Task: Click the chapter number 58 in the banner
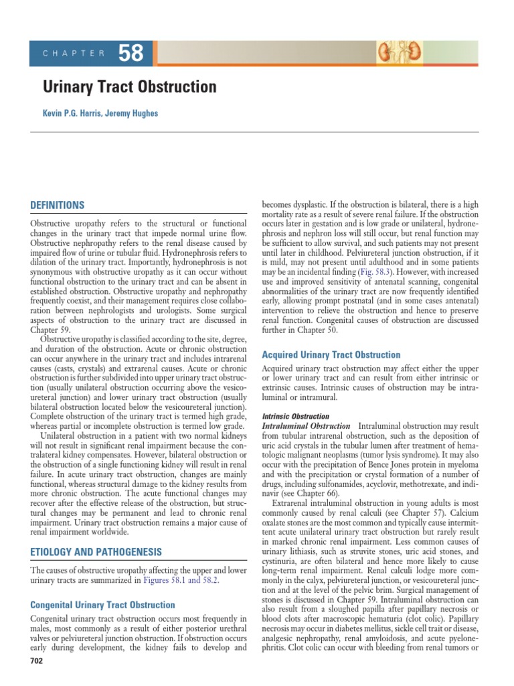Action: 131,54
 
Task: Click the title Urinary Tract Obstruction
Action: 130,87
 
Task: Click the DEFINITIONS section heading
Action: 57,205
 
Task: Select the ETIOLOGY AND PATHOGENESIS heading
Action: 96,552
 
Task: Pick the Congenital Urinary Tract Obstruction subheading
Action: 103,605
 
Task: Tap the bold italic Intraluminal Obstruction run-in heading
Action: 305,427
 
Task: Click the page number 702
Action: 36,661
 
